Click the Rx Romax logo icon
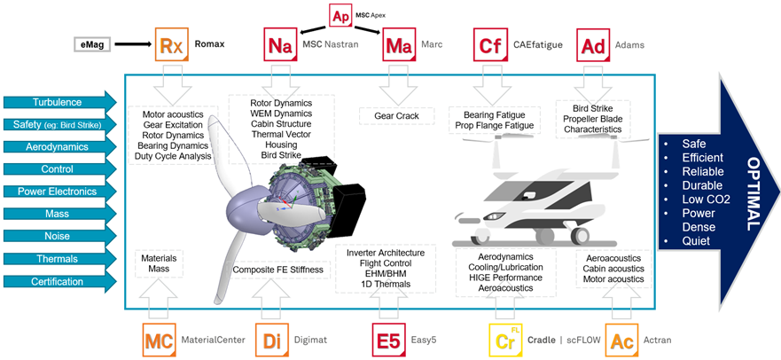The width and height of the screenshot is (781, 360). coord(170,44)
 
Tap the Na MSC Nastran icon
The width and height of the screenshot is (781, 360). coord(280,44)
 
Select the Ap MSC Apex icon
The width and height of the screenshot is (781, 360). coord(340,16)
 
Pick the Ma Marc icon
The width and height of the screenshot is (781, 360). coord(399,44)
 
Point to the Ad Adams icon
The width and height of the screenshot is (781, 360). coord(592,44)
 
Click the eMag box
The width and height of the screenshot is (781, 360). coord(92,43)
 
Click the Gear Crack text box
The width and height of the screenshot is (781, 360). coord(395,116)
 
